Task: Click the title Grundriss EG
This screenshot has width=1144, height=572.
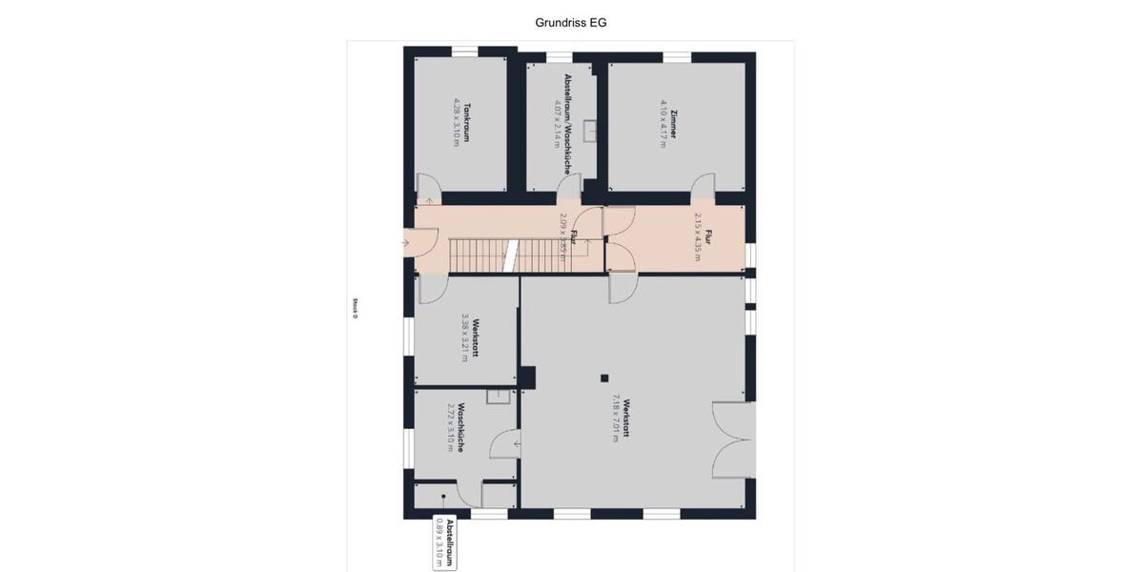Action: (x=571, y=22)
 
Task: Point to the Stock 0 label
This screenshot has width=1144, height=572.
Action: (x=355, y=308)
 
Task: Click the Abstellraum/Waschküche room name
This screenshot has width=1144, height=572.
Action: (x=567, y=124)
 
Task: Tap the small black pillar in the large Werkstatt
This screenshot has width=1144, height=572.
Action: (x=603, y=378)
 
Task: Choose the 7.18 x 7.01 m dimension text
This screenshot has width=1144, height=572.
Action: (x=616, y=418)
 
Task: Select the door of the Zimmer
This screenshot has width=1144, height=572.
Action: (x=704, y=186)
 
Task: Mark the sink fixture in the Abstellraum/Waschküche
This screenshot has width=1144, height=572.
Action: (x=591, y=130)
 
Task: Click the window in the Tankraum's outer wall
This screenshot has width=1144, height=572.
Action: (x=464, y=51)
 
